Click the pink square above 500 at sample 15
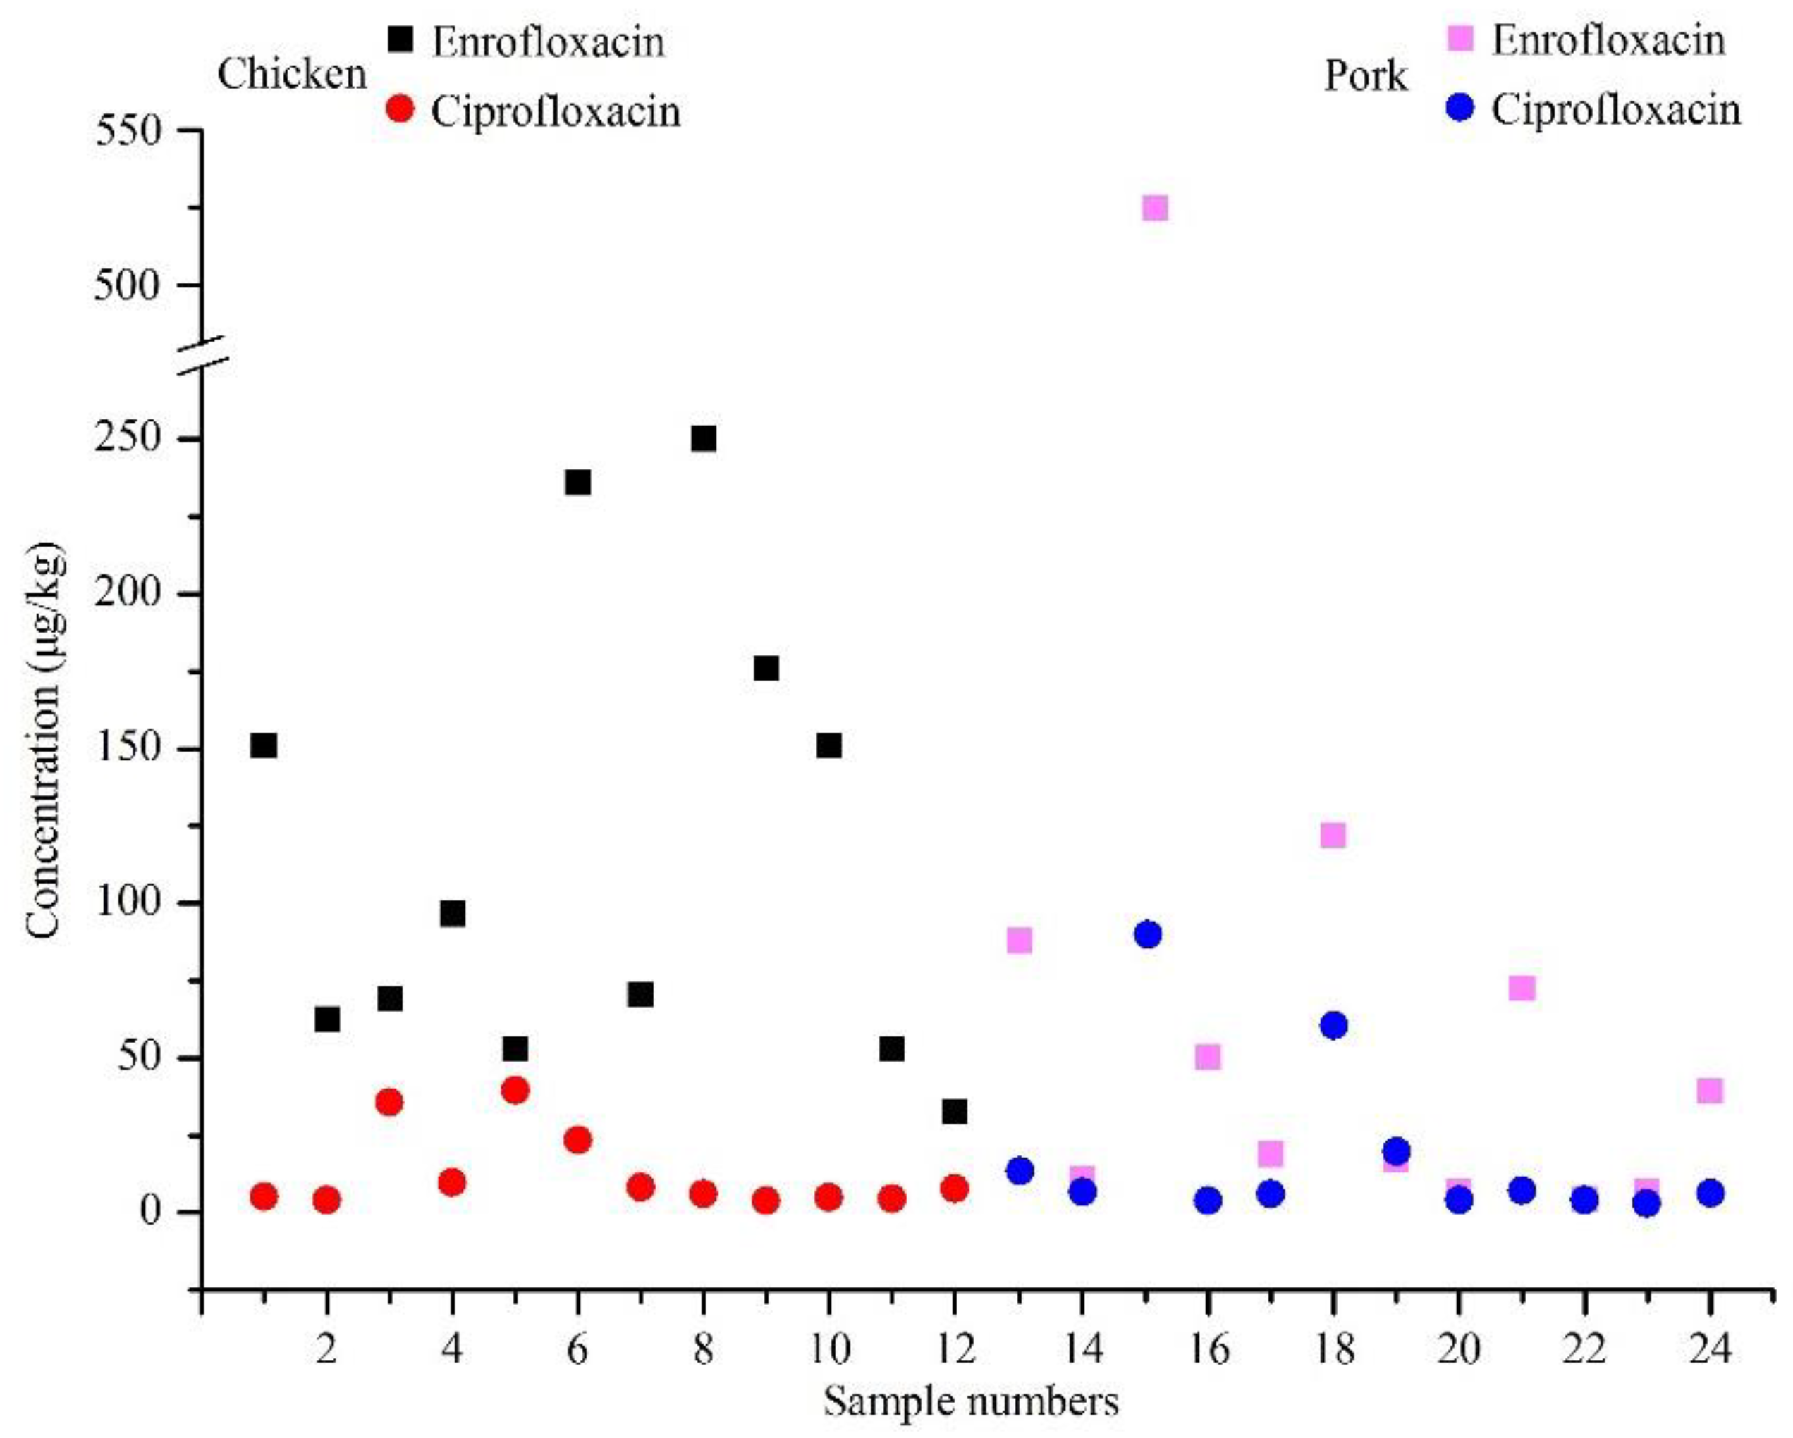point(1155,207)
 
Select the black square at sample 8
point(704,438)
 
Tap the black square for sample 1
point(264,745)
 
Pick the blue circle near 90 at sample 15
point(1148,934)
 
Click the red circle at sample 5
point(515,1090)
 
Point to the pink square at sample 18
point(1333,834)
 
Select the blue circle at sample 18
point(1333,1026)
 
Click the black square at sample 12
point(955,1111)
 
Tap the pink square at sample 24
point(1709,1090)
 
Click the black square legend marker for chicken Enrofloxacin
point(401,39)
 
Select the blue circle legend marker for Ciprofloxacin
point(1460,107)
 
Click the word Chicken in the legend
point(292,75)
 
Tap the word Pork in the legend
point(1366,77)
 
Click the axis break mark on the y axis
point(202,350)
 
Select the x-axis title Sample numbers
point(972,1402)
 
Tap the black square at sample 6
point(578,482)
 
